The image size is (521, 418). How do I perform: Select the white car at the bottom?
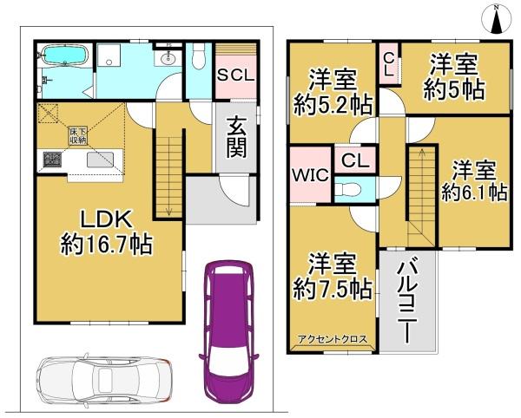(102, 380)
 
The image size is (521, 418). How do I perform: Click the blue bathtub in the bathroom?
(63, 57)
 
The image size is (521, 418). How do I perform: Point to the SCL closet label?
(235, 75)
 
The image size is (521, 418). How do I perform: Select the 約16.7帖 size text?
(106, 245)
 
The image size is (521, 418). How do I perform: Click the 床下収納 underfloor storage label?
(79, 134)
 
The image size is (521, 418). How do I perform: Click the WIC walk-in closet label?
(308, 173)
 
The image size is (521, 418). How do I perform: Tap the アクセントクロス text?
(333, 340)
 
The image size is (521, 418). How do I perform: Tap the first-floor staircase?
(168, 173)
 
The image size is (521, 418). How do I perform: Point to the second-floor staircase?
(421, 195)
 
